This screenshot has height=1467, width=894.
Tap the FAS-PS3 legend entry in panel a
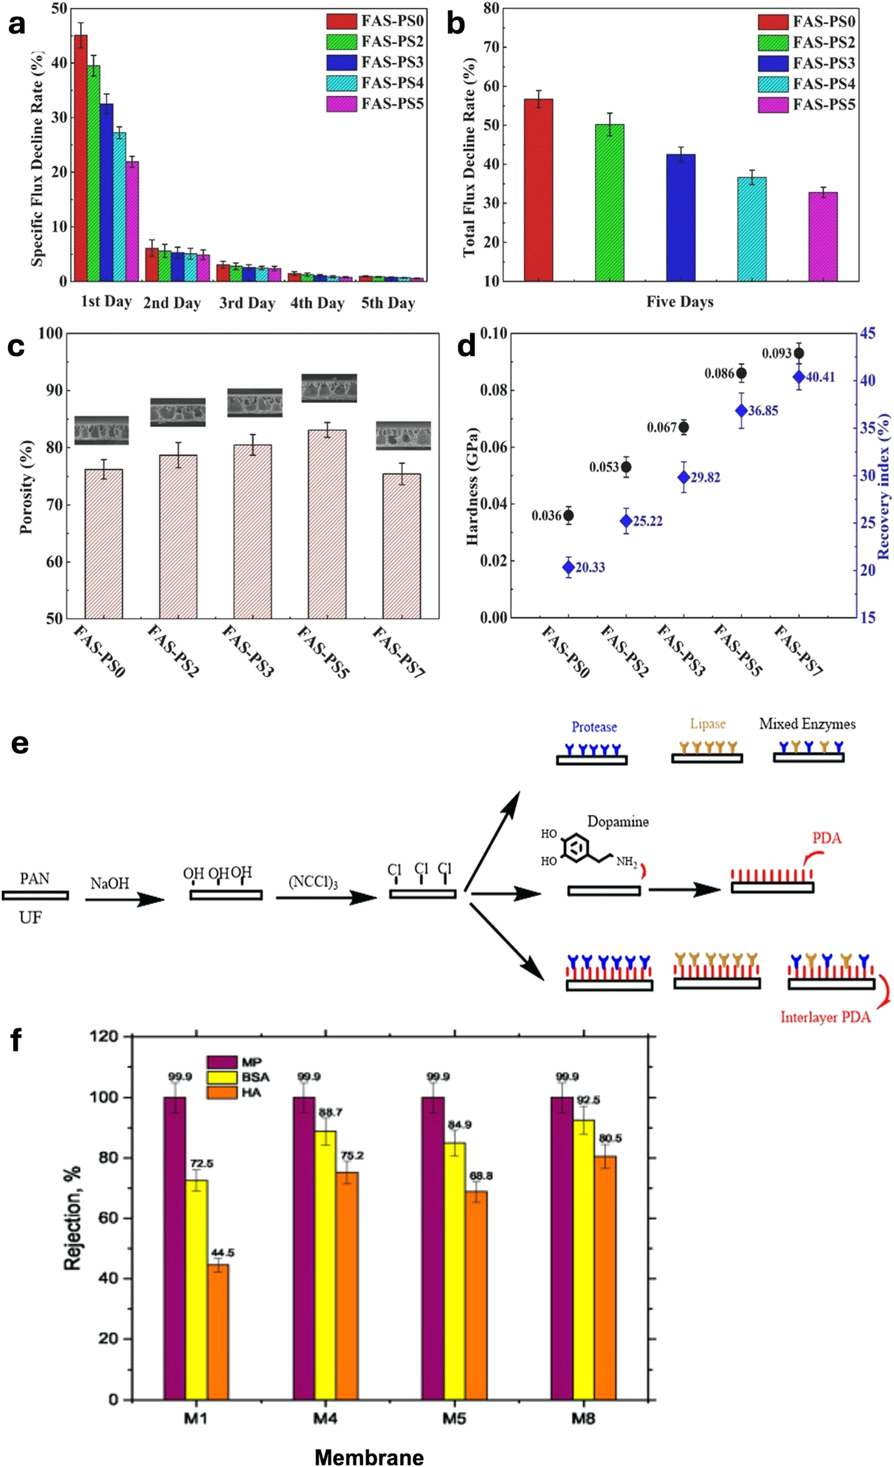(374, 63)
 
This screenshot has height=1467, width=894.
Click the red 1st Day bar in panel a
(80, 158)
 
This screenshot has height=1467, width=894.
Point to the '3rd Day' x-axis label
(247, 303)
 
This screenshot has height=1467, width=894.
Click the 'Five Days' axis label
(680, 302)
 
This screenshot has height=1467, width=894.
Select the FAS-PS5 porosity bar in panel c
(327, 524)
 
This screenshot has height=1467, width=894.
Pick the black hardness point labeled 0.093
(798, 353)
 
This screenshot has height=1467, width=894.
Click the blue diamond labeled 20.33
(568, 567)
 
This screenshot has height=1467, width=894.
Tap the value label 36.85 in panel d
(763, 411)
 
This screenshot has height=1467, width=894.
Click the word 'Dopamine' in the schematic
(618, 821)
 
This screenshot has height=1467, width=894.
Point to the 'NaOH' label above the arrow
(110, 883)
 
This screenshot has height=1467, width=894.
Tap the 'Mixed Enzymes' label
(807, 724)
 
